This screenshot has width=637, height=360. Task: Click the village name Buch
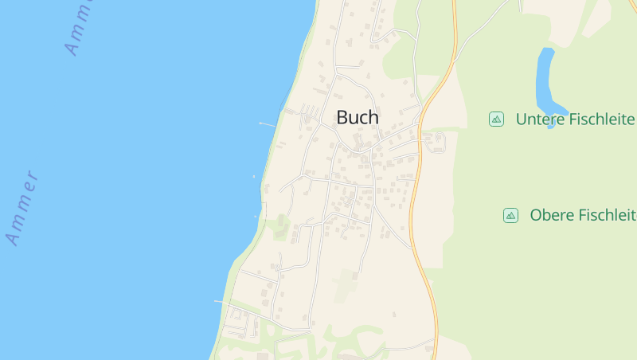coord(358,117)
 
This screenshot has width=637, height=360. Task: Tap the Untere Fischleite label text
coord(575,119)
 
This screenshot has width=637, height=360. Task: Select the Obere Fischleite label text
coord(582,215)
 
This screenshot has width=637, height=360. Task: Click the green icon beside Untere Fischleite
coord(496,119)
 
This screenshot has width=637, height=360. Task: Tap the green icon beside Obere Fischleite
coord(510,215)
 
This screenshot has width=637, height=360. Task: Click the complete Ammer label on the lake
coord(22,208)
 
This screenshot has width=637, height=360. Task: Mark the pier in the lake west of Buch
coord(267,124)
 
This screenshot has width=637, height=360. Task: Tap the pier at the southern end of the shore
coord(221,301)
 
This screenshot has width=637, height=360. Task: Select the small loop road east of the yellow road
coord(435,141)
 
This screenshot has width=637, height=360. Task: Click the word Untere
coord(541,119)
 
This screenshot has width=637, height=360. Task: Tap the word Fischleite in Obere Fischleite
coord(607,215)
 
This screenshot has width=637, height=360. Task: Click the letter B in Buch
coord(342,117)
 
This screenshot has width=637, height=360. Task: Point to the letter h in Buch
coord(373,117)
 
